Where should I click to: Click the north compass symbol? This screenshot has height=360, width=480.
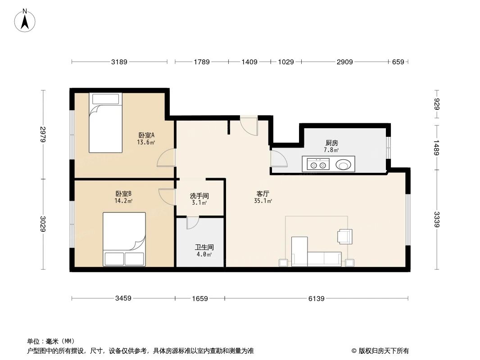(25, 20)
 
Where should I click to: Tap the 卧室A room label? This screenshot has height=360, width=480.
(146, 135)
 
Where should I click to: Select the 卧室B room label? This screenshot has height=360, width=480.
(123, 193)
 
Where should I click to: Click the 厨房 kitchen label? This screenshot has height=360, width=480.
(331, 143)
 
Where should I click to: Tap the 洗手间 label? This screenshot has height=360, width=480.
(199, 196)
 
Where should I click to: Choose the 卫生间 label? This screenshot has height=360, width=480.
(204, 247)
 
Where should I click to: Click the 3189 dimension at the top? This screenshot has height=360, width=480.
(119, 62)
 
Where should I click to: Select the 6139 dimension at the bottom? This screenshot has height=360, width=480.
(316, 298)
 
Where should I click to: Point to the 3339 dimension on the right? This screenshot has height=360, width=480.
(436, 220)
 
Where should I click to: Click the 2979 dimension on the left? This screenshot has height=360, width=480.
(43, 134)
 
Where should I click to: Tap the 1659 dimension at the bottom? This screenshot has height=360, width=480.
(200, 298)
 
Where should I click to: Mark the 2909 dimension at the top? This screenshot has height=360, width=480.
(344, 62)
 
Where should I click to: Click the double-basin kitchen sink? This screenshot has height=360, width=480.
(317, 164)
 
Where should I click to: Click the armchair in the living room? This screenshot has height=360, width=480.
(344, 235)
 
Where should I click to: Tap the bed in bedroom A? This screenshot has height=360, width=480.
(105, 123)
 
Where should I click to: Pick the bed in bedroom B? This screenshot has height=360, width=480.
(124, 239)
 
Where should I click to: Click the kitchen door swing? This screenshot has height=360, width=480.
(277, 159)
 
